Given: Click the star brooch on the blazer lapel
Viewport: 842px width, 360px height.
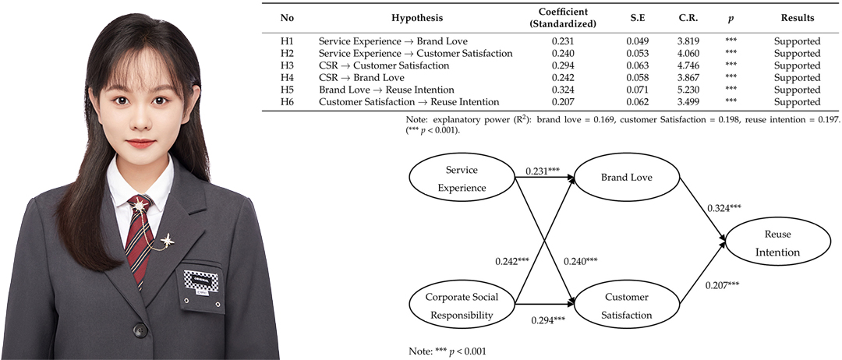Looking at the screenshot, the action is click(x=168, y=240).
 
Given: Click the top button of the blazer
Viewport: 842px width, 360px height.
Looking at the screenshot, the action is click(x=140, y=330).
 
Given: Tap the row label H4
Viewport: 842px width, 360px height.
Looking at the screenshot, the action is click(x=287, y=78).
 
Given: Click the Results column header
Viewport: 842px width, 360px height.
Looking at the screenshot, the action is click(x=798, y=18).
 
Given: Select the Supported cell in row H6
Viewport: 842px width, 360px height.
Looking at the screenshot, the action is click(x=798, y=102).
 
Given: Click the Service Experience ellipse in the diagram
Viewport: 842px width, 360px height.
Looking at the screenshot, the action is click(x=462, y=178).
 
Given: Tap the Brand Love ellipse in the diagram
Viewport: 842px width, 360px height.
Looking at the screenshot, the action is click(x=627, y=178).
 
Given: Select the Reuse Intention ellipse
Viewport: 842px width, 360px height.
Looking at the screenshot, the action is click(x=779, y=243).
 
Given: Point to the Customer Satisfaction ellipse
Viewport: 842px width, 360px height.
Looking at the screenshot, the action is click(x=627, y=305).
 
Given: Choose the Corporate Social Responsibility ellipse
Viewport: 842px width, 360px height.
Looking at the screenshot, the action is click(x=462, y=305).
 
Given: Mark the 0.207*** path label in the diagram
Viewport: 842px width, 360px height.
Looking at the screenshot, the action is click(x=722, y=283).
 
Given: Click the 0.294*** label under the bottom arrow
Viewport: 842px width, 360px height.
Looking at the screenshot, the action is click(x=548, y=320).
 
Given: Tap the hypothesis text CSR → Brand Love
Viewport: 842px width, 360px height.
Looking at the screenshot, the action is click(x=362, y=78).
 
